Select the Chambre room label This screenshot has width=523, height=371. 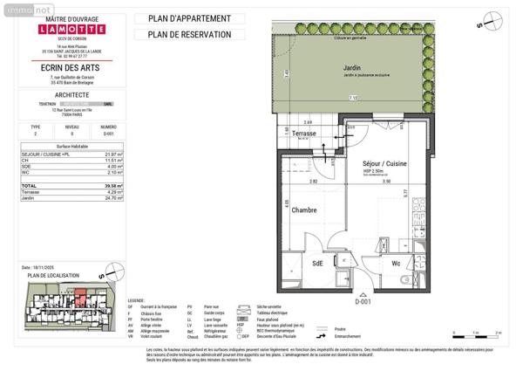(x=303, y=210)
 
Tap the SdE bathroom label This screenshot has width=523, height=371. (x=318, y=261)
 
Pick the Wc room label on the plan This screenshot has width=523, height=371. (x=395, y=261)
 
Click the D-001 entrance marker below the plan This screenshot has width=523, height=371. (x=363, y=300)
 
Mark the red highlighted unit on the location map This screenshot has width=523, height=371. (x=80, y=299)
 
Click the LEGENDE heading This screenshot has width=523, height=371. (x=135, y=300)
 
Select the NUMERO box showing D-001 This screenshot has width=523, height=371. (x=108, y=134)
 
